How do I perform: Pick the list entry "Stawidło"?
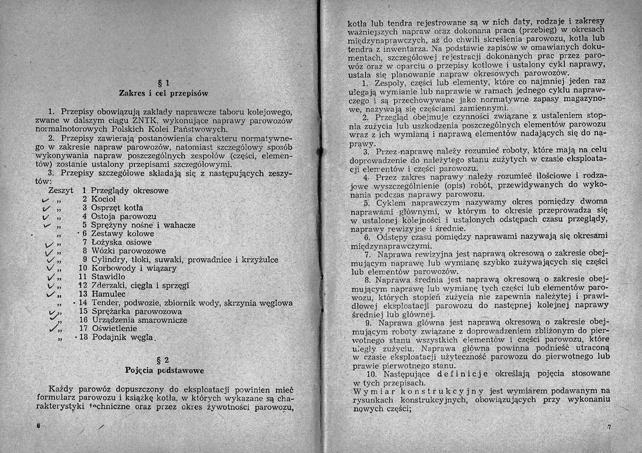[x=109, y=277]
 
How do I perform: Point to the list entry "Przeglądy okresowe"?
[x=129, y=191]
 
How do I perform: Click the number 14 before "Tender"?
[x=83, y=303]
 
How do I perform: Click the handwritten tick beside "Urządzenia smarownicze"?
[x=52, y=320]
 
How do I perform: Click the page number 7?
[x=609, y=427]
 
